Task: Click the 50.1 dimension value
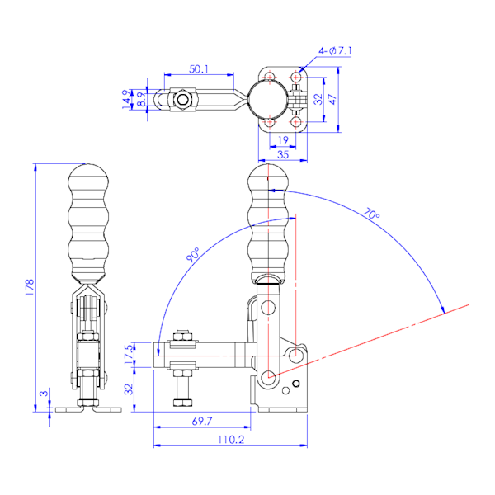coord(199,69)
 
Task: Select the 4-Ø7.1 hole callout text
coord(335,51)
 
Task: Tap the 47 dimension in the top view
coord(332,99)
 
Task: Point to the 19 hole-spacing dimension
coord(283,140)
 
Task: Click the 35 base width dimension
coord(283,154)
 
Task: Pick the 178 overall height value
coord(30,287)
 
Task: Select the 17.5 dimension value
coord(129,354)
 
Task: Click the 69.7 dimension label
coord(202,421)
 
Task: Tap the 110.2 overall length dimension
coord(231,440)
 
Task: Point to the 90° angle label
coord(193,254)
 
